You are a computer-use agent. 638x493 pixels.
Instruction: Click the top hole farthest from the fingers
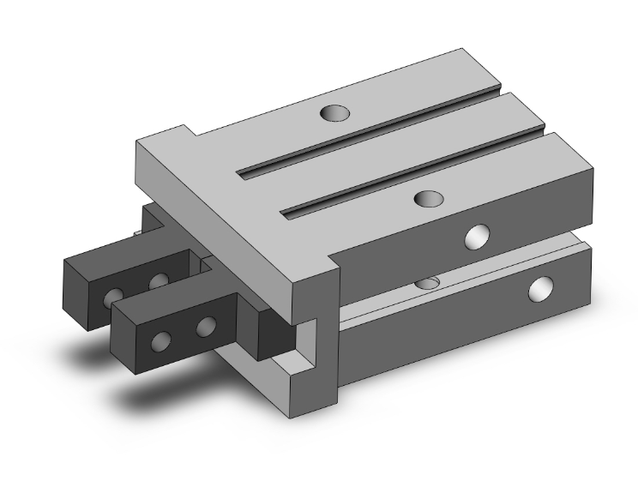point(335,113)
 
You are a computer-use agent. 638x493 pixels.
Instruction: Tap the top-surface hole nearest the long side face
point(427,199)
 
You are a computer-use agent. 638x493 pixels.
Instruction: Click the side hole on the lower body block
point(541,289)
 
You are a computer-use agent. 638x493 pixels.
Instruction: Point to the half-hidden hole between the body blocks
point(426,282)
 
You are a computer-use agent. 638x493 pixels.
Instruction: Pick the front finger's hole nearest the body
point(205,327)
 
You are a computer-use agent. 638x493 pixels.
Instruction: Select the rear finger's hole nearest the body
point(157,281)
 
